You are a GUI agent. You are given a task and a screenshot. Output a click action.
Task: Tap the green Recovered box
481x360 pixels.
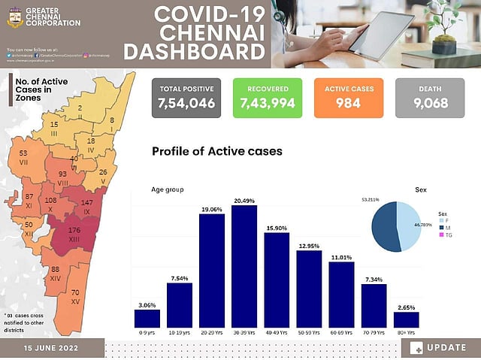[x=267, y=97]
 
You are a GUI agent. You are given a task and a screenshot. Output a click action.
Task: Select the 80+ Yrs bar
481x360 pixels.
[x=406, y=319]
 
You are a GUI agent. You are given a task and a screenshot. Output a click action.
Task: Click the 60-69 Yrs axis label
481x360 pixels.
[x=341, y=331]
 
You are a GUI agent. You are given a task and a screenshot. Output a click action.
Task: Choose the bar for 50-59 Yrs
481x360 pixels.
[x=309, y=289]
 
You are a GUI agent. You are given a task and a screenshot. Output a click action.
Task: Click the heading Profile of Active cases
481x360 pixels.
[x=216, y=151]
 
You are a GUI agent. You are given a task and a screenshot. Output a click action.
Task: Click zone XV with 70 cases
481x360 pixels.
[x=74, y=296]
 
